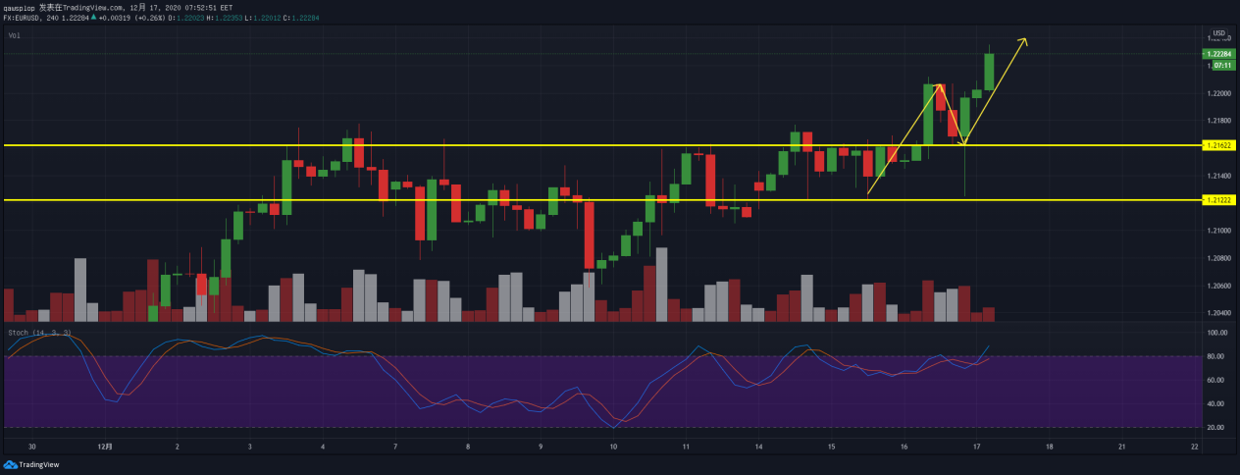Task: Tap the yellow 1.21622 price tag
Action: coord(1219,145)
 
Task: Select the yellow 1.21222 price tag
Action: coord(1219,200)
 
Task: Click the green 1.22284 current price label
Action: coord(1219,54)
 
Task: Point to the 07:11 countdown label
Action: coord(1222,65)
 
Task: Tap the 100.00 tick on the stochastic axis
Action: coord(1218,334)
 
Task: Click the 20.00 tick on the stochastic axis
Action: coord(1218,428)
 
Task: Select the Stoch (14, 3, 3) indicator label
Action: coord(39,334)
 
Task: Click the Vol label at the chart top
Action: coord(14,35)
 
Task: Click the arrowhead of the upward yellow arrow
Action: coord(1024,40)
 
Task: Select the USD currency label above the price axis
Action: coord(1219,33)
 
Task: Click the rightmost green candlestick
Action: coord(990,71)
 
